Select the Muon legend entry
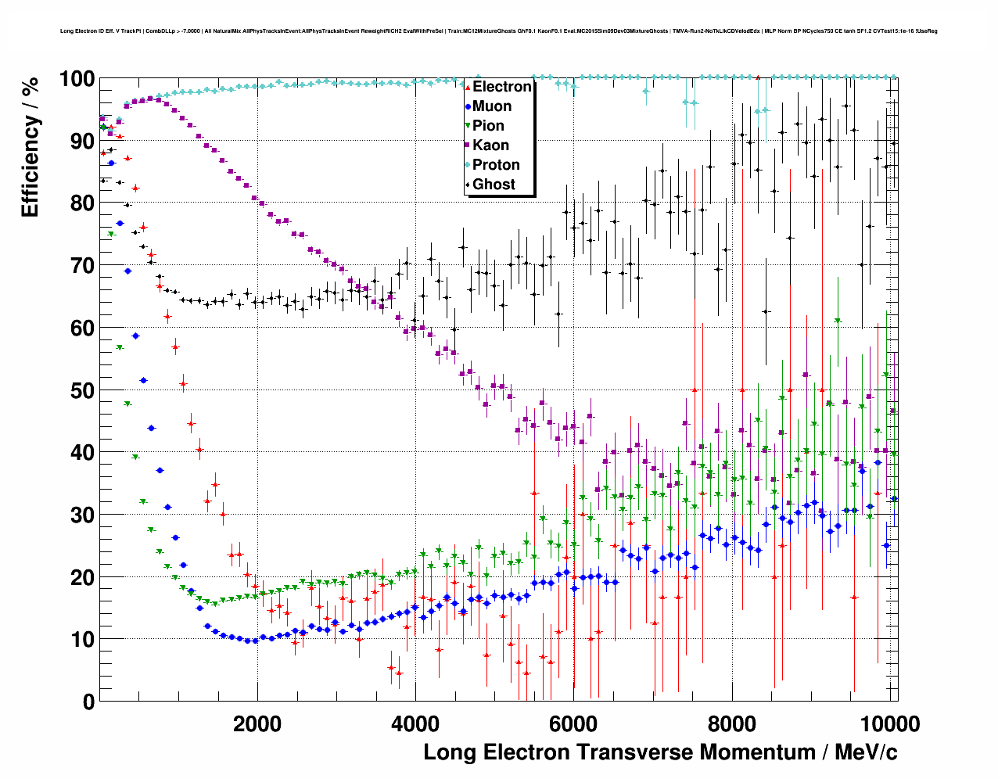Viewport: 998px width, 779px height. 492,106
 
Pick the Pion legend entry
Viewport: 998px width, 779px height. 488,126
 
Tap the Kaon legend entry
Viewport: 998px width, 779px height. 490,145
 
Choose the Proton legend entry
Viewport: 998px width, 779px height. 496,165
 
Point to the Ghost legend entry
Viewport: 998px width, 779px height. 494,185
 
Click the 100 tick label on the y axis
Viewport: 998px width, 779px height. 77,79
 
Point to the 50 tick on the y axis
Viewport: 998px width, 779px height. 82,390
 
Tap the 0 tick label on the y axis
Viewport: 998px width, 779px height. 88,702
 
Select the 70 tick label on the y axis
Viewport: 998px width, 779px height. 82,266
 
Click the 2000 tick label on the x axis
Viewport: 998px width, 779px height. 257,723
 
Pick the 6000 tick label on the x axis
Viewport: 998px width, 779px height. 573,723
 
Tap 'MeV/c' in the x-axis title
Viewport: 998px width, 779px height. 865,752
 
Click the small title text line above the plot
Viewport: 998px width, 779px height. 498,31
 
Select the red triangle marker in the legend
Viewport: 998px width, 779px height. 468,87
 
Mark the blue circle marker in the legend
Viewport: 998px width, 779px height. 468,106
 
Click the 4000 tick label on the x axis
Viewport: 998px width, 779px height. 415,723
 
